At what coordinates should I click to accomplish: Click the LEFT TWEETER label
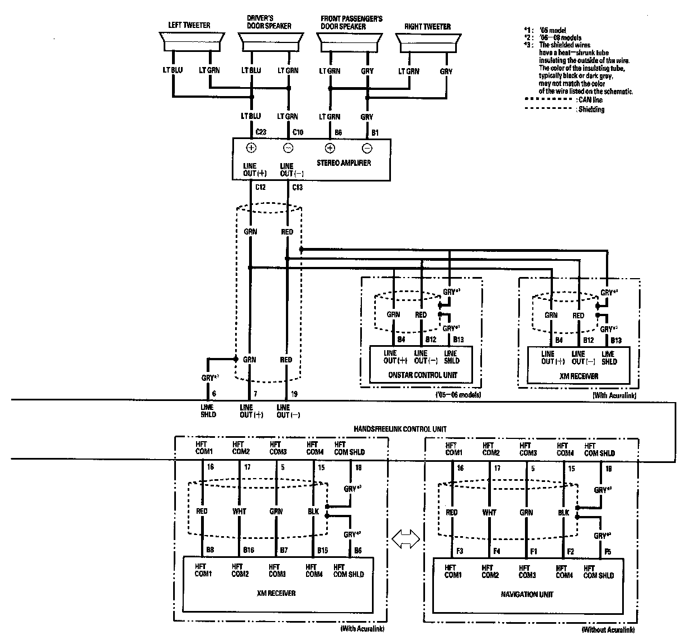click(x=189, y=26)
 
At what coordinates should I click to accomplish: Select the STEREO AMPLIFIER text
click(x=343, y=163)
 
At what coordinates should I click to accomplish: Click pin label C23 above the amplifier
click(x=260, y=132)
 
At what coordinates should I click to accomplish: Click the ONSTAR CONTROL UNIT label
click(x=423, y=375)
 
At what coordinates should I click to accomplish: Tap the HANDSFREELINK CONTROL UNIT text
click(x=400, y=429)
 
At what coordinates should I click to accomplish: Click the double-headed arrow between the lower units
click(x=405, y=539)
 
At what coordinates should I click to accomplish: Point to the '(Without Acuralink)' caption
click(x=608, y=630)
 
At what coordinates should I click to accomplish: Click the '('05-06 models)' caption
click(x=458, y=395)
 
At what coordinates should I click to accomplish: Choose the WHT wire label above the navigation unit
click(x=489, y=513)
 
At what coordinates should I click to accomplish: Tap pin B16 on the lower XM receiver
click(x=250, y=551)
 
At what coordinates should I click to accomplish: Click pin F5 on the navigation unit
click(x=608, y=552)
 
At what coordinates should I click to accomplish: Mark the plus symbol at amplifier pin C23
click(x=251, y=148)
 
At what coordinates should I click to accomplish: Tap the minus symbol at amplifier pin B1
click(x=367, y=148)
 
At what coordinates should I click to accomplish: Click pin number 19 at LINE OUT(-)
click(x=294, y=394)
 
